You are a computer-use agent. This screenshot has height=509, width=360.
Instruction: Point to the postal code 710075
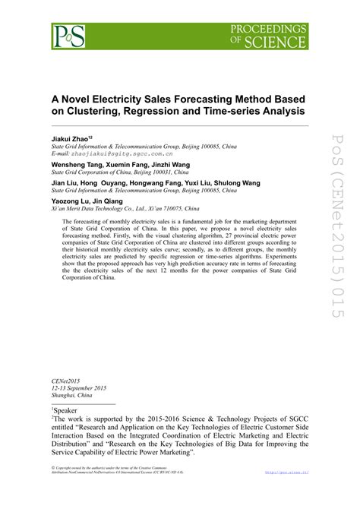point(169,209)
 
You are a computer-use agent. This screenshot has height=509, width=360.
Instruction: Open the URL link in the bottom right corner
point(286,494)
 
